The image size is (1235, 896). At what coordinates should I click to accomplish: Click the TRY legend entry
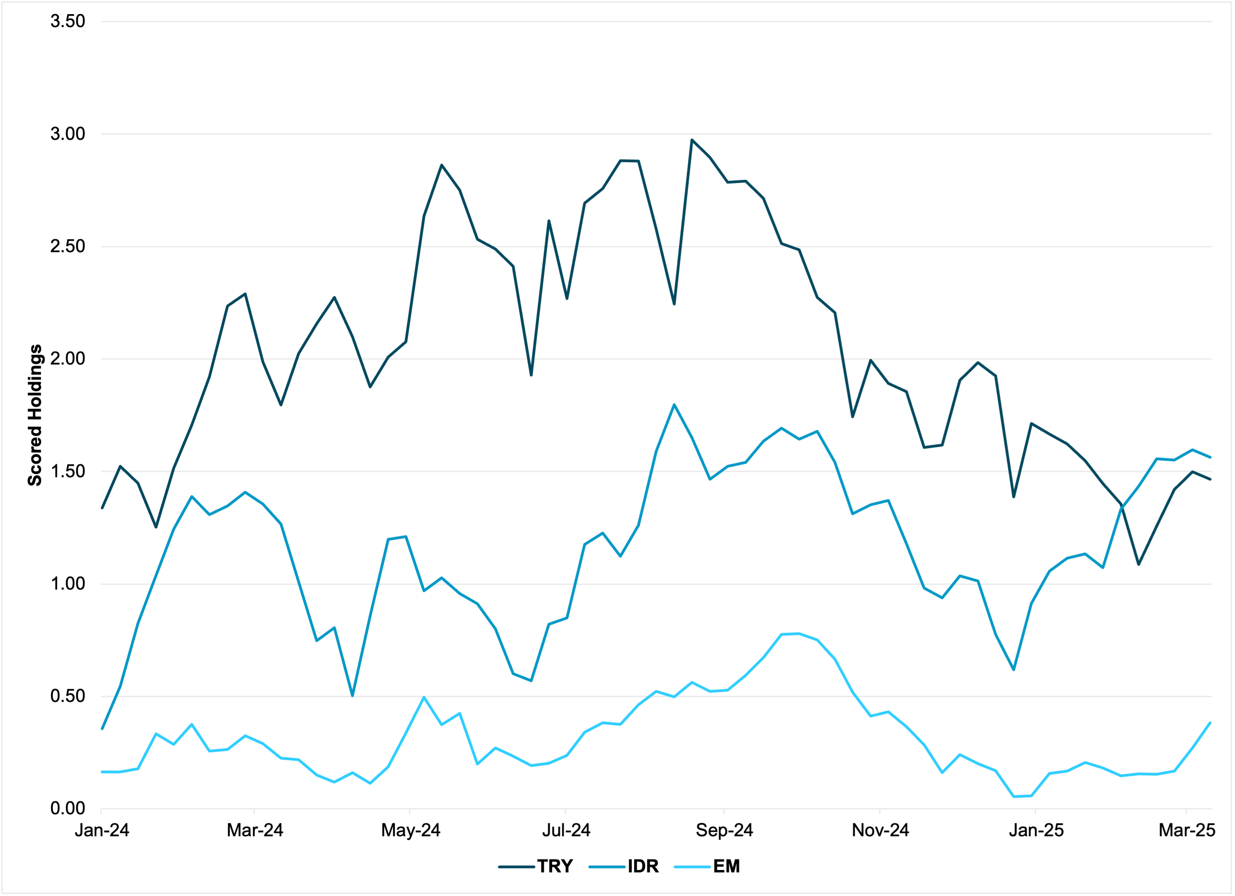[554, 866]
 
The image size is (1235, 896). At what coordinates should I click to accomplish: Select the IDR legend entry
[643, 866]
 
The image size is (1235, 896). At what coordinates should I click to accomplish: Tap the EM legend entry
[726, 866]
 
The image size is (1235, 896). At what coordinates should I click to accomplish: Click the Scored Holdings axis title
[35, 415]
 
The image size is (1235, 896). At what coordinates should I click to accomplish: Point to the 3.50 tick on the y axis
[68, 21]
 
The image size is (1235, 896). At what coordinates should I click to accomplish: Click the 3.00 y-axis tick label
[68, 134]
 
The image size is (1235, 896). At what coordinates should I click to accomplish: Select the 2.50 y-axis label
[68, 246]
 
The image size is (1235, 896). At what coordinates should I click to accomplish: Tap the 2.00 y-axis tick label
[68, 359]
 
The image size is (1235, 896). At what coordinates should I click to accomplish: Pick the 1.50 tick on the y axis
[68, 472]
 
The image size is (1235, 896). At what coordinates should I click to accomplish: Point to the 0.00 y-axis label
[68, 808]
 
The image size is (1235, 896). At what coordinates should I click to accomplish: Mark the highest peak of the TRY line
[692, 140]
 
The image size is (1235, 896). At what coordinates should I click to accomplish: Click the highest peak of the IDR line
[674, 404]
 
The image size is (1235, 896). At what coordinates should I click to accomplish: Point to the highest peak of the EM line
[799, 634]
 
